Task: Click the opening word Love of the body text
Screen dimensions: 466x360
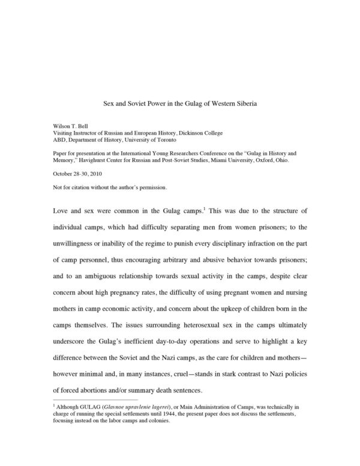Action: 62,211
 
